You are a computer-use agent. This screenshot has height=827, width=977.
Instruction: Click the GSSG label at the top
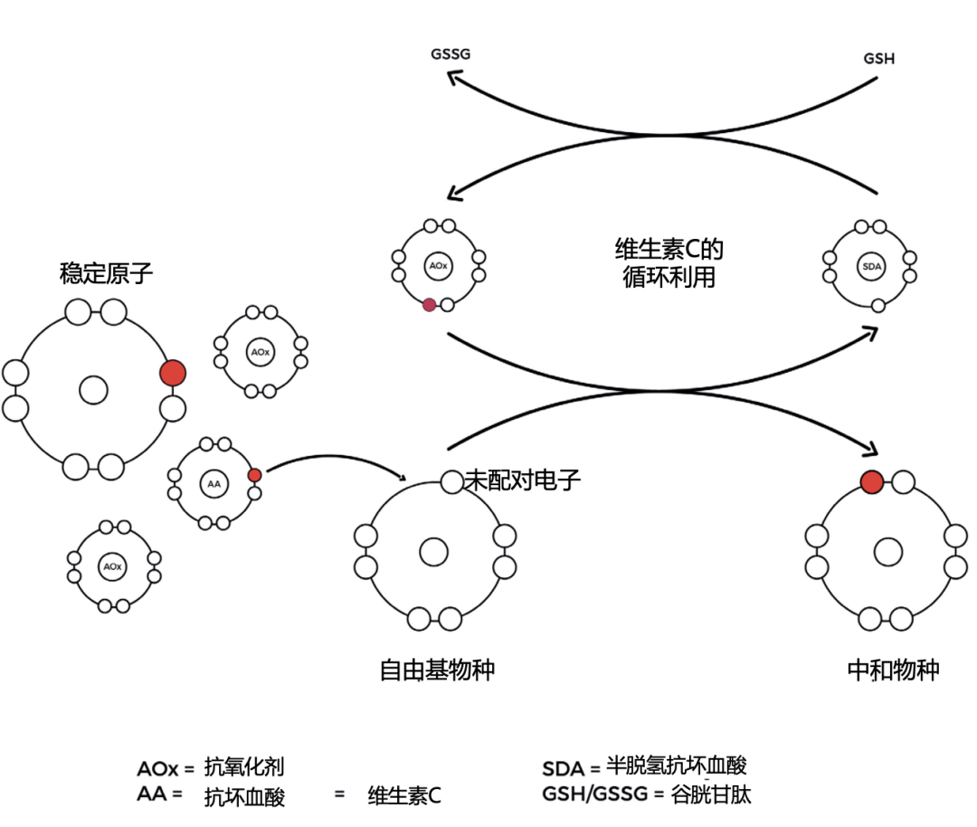[450, 55]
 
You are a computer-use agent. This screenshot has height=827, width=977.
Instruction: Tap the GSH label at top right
[880, 59]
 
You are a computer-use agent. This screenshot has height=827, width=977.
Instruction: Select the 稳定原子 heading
[106, 273]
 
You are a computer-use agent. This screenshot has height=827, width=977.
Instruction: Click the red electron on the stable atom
[172, 373]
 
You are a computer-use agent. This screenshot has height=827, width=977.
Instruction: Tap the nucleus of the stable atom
[93, 391]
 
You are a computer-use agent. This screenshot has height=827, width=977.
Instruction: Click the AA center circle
[213, 485]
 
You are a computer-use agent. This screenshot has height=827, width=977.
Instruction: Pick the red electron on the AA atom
[254, 475]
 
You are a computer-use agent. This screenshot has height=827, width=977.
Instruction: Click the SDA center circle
[871, 267]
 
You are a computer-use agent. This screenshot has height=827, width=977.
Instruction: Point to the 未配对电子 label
[522, 480]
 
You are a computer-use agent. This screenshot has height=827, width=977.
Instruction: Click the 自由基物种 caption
[437, 670]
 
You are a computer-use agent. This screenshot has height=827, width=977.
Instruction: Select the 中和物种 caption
[893, 670]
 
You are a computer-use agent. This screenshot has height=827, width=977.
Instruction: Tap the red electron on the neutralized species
[871, 482]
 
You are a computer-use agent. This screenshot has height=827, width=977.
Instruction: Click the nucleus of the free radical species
[433, 551]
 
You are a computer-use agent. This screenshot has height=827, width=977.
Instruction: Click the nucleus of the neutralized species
[887, 551]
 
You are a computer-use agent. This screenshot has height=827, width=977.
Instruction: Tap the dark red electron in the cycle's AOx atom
[429, 305]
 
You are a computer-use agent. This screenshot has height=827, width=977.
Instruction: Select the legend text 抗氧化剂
[244, 766]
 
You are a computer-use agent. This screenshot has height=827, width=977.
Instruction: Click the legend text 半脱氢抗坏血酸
[677, 766]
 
